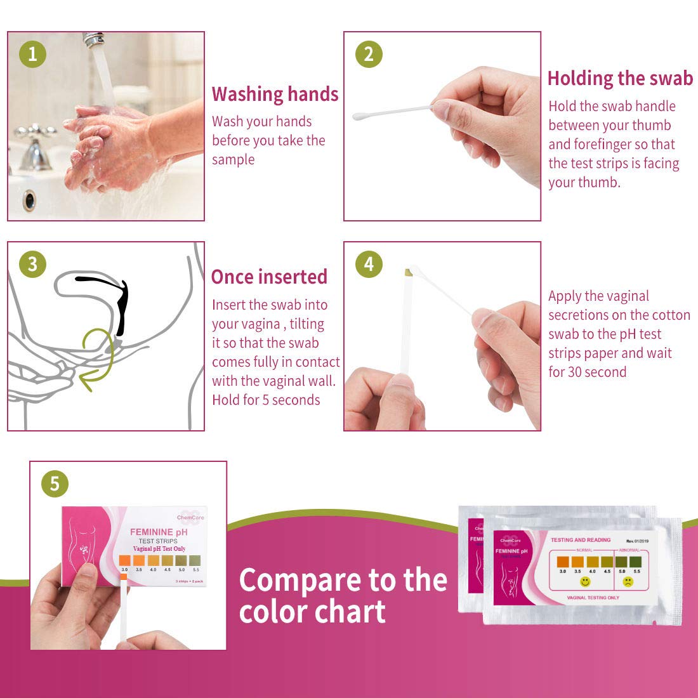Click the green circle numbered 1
point(32,54)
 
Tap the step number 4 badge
point(369,263)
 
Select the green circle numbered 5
point(55,484)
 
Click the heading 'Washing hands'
point(275,94)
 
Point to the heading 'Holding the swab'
point(620,78)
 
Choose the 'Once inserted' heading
point(269,277)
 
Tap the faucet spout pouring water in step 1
point(93,40)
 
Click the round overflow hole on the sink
point(29,200)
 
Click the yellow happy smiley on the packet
point(585,581)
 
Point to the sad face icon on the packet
point(628,581)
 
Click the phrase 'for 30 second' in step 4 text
point(587,372)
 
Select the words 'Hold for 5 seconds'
point(266,400)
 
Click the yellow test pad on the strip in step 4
point(409,273)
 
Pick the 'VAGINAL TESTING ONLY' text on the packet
point(593,598)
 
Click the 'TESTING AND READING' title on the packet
point(580,540)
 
